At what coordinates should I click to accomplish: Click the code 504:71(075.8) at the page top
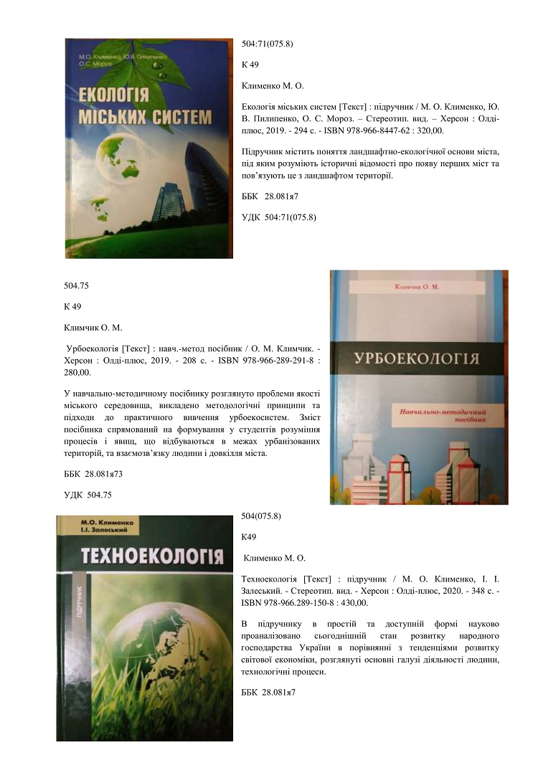[x=268, y=44]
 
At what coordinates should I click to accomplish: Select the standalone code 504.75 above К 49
[x=75, y=285]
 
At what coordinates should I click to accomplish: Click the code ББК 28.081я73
[x=96, y=474]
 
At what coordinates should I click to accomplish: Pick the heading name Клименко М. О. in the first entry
[x=273, y=86]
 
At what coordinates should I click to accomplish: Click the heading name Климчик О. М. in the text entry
[x=93, y=328]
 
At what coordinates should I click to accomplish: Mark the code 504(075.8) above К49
[x=262, y=516]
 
